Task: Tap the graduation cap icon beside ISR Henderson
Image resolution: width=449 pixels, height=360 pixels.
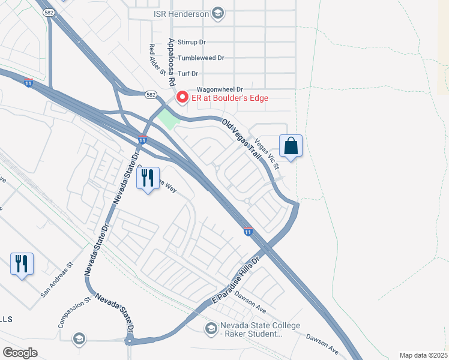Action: [218, 14]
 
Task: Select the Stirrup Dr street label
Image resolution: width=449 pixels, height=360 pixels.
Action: [192, 43]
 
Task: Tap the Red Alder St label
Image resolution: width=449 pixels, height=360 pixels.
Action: [157, 60]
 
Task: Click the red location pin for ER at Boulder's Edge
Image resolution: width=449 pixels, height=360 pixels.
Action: [182, 97]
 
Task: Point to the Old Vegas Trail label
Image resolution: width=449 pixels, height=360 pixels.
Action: [242, 139]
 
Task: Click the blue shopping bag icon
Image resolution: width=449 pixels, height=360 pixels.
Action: [291, 146]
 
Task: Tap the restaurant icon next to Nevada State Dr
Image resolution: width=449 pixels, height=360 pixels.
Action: [148, 178]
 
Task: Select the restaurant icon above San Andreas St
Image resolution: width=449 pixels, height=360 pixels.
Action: [22, 263]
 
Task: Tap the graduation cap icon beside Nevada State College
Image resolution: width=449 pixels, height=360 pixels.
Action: [211, 328]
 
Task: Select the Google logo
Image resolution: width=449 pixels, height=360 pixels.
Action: [20, 353]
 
